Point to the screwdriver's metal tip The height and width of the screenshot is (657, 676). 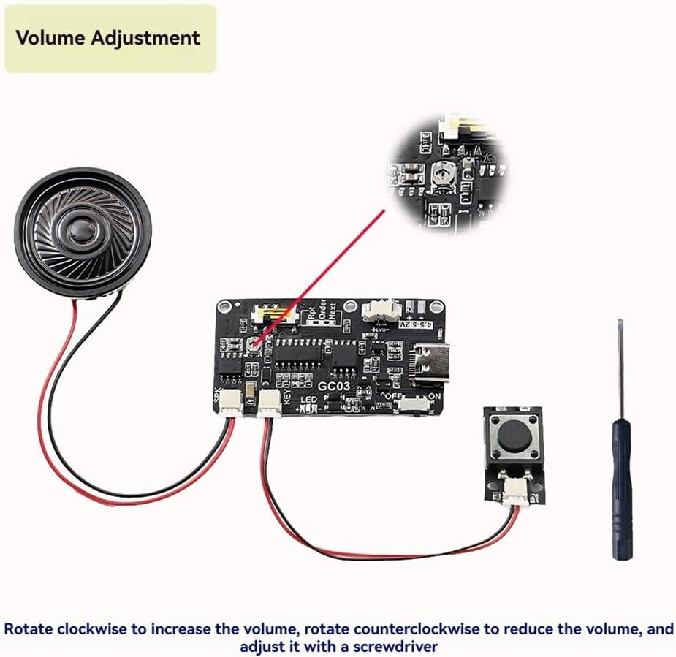point(620,325)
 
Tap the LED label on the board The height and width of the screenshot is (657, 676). point(308,401)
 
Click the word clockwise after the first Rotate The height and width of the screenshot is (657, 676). point(79,629)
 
